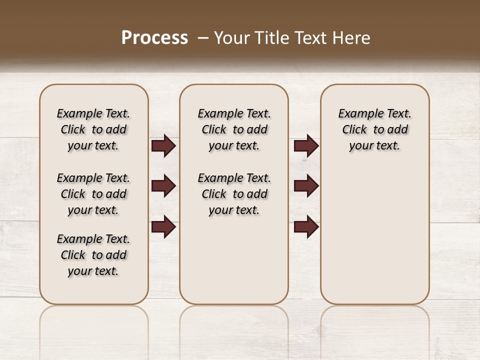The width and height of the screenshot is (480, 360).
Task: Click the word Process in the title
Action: click(x=154, y=38)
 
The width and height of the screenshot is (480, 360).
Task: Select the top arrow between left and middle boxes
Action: click(x=163, y=146)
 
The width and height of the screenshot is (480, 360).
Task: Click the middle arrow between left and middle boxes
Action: click(x=163, y=186)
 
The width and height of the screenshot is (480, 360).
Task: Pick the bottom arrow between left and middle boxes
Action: click(x=163, y=226)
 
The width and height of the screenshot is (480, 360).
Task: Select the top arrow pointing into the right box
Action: click(x=306, y=146)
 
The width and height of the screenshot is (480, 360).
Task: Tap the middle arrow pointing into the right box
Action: click(x=306, y=186)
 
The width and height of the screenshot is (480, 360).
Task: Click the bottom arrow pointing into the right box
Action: click(x=306, y=226)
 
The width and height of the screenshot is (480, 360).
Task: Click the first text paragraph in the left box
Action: click(x=93, y=129)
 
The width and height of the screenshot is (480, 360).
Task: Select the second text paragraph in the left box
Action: click(x=93, y=194)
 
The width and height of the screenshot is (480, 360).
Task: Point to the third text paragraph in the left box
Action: click(x=93, y=255)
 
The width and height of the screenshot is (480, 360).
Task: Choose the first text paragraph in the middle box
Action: click(x=234, y=129)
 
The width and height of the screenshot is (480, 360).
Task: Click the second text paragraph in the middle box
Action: click(x=234, y=194)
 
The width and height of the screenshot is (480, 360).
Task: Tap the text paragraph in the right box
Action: click(x=374, y=129)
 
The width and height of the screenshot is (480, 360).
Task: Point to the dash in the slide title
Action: click(x=203, y=38)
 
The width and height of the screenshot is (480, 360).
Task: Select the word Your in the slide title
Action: click(x=231, y=38)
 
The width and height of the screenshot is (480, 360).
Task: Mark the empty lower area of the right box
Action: click(x=374, y=235)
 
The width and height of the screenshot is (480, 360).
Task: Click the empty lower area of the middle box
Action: click(x=234, y=260)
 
